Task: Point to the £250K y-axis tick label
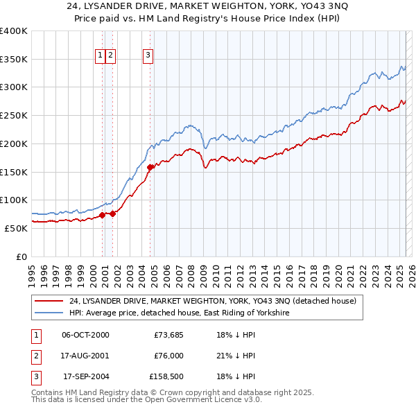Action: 14,115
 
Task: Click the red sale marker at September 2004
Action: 150,166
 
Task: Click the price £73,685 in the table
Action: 167,336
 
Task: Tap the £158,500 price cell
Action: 166,377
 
